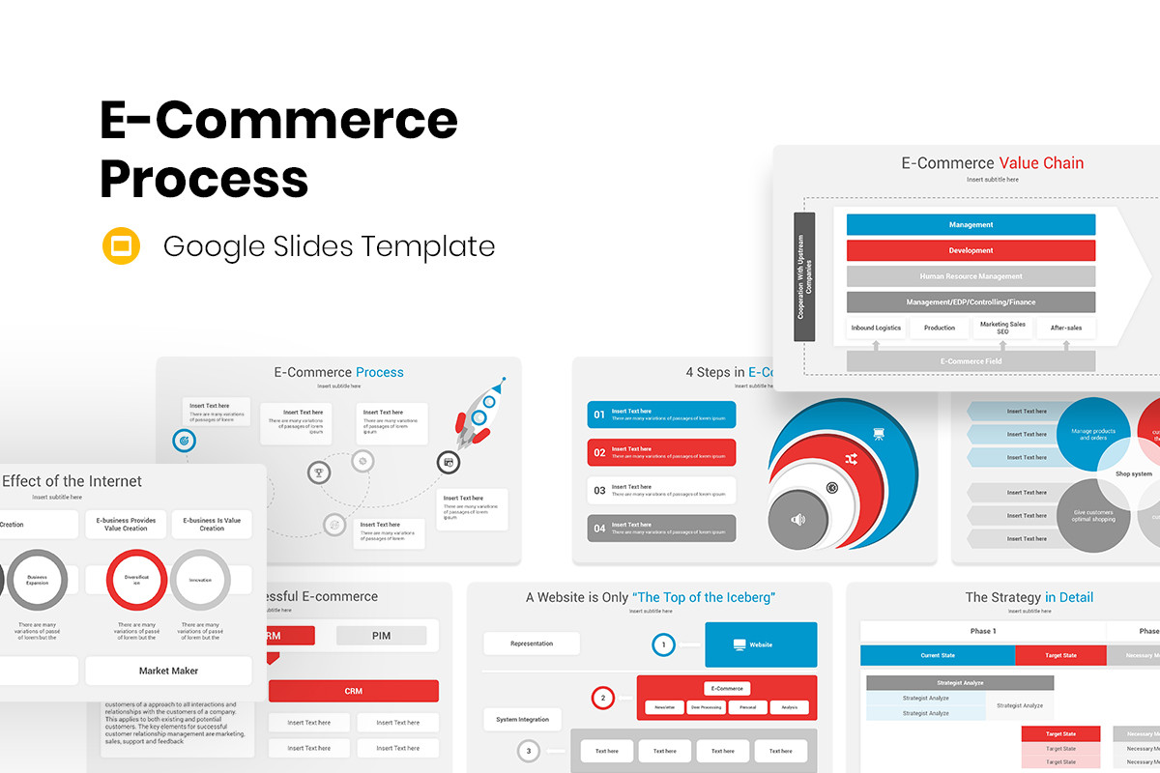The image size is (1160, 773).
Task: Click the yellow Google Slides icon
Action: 122,245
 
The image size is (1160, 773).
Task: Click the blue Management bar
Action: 971,225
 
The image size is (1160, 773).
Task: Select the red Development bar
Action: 971,250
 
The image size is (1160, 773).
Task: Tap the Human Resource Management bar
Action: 971,276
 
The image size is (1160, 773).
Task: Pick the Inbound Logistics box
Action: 876,329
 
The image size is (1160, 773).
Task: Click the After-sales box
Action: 1066,329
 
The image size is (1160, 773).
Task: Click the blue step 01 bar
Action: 661,415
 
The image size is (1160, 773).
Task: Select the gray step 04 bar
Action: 661,529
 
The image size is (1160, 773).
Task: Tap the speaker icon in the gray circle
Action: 797,520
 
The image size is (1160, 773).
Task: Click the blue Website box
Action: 761,644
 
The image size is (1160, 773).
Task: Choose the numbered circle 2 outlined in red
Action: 602,697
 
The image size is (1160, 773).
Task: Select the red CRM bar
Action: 353,691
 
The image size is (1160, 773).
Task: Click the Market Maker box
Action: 168,671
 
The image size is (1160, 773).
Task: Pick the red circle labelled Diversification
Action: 136,580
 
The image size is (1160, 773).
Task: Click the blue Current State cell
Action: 937,655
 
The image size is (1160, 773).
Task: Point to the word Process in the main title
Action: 204,178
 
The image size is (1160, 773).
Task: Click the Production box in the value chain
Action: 939,329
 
